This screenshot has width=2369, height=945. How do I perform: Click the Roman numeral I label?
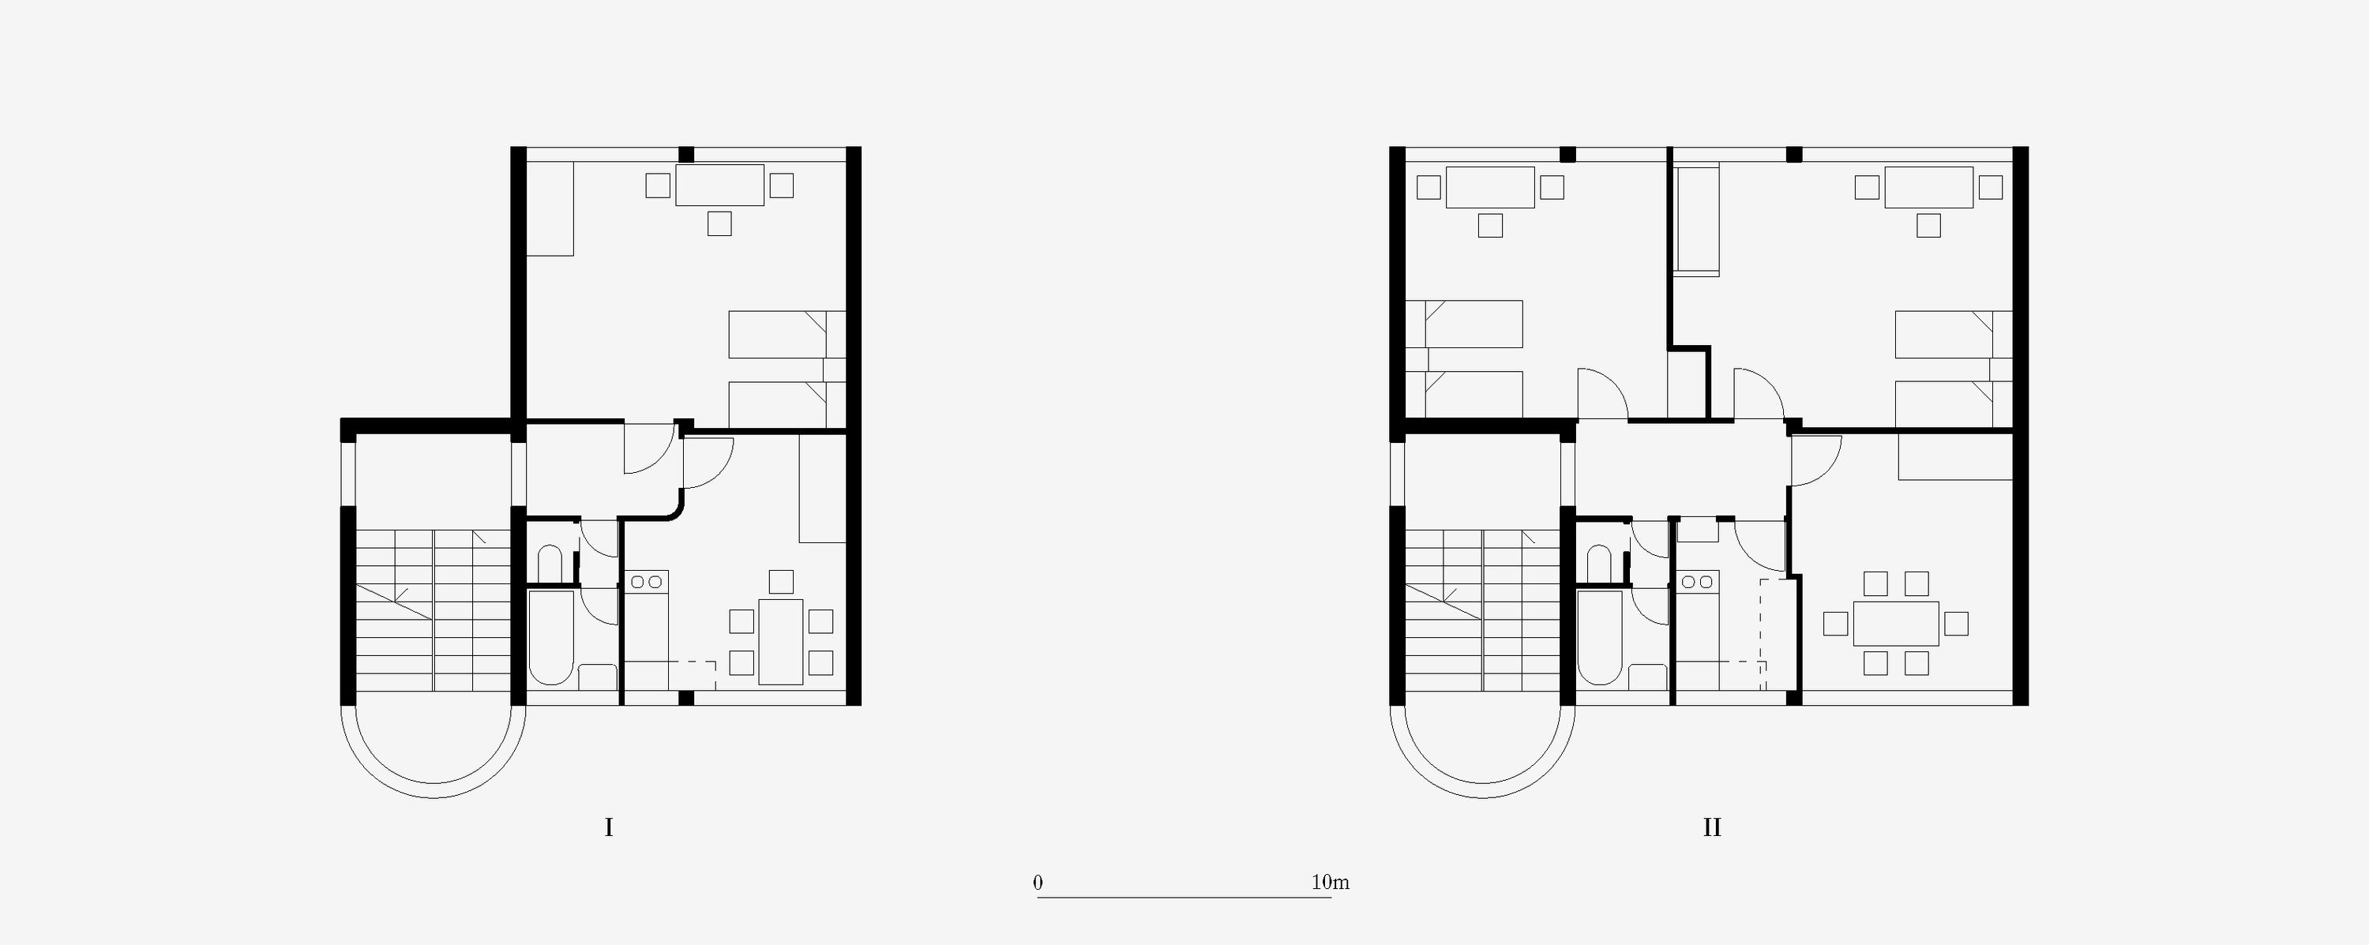point(609,827)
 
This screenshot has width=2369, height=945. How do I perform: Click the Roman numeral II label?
point(1711,827)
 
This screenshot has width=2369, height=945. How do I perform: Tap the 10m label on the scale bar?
point(1330,883)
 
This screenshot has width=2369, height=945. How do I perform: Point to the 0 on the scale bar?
point(1038,883)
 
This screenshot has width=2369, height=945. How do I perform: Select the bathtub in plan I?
point(552,637)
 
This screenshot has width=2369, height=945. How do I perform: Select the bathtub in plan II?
point(1600,637)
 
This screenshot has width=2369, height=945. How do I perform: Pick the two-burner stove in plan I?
point(647,582)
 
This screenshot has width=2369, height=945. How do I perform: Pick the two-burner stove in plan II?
point(1697,582)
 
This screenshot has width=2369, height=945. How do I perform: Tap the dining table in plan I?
point(781,642)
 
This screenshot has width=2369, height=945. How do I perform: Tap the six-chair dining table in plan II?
point(1895,623)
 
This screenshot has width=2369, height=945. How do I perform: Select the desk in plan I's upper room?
point(719,185)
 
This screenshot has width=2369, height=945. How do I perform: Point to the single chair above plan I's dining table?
point(781,582)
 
